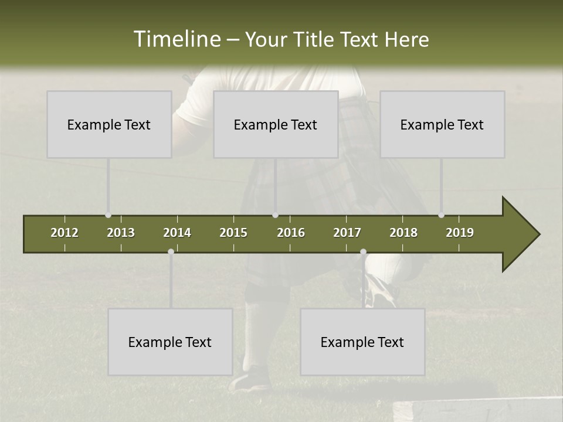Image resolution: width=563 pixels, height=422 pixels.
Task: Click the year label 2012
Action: tap(65, 233)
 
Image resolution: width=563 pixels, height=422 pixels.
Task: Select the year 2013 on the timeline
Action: tap(121, 233)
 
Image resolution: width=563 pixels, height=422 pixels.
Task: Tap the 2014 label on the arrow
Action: tap(177, 233)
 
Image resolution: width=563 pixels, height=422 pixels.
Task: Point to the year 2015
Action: tap(233, 233)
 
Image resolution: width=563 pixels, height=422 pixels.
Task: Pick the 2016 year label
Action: tap(291, 233)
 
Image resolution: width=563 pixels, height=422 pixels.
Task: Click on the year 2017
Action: tap(347, 233)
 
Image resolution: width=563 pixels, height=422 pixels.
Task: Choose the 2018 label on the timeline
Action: tap(403, 233)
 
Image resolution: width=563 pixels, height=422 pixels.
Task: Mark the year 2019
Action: tap(460, 233)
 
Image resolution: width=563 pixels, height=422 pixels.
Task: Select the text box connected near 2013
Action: tap(109, 124)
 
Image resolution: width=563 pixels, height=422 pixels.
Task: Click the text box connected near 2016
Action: tap(276, 124)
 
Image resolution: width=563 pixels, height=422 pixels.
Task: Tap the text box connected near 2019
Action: tap(442, 124)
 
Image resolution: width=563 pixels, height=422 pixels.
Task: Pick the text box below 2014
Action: tap(170, 342)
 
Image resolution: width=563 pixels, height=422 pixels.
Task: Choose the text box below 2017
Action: tap(362, 342)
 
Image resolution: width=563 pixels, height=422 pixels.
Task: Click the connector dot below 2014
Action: tap(171, 252)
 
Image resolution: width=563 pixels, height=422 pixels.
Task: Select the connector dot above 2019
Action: tap(441, 215)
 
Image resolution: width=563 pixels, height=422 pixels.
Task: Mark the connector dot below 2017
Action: tap(363, 252)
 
